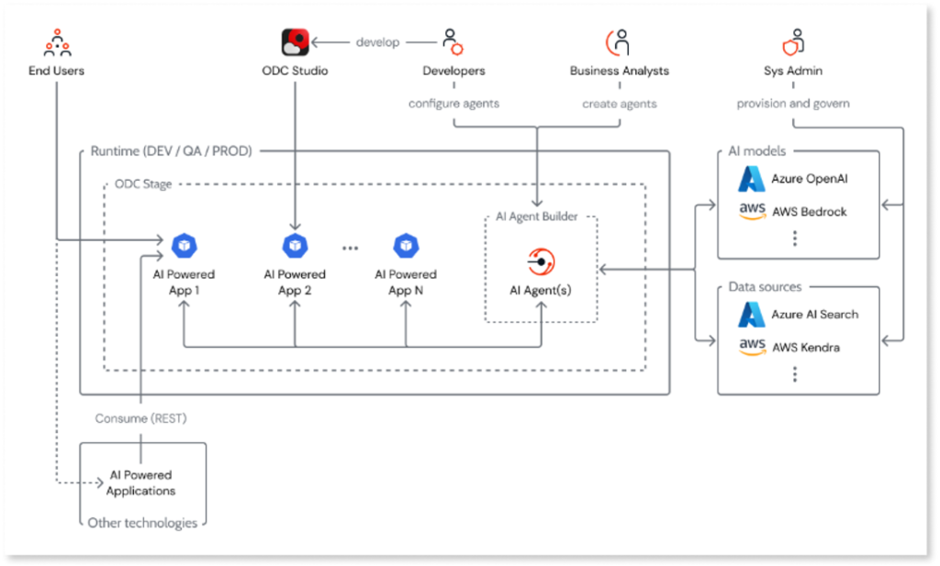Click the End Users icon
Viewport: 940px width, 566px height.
tap(57, 42)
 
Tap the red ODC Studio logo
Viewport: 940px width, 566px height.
tap(295, 42)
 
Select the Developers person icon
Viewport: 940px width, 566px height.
tap(452, 42)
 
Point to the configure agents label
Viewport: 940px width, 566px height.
tap(453, 104)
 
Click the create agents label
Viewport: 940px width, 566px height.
tap(619, 104)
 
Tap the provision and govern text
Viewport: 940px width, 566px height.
tap(792, 104)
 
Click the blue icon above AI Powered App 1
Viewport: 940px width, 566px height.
tap(184, 246)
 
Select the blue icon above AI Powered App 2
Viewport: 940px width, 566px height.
tap(295, 246)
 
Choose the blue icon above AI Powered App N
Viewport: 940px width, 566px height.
tap(405, 246)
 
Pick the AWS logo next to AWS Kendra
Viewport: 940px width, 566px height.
tap(753, 348)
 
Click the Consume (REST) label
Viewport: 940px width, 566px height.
tap(140, 418)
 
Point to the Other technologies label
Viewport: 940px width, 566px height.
tap(142, 523)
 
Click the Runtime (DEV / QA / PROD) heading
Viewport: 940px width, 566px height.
tap(171, 150)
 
